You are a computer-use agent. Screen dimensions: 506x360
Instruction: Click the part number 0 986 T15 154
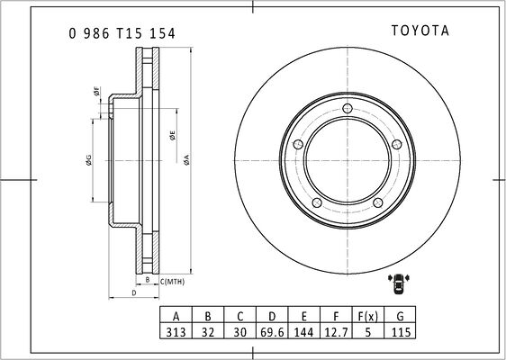point(122,33)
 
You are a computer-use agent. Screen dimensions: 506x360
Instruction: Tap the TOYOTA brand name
point(420,31)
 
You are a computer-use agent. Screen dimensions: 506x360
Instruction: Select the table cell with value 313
point(176,331)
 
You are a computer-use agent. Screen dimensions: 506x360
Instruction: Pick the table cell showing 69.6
point(272,331)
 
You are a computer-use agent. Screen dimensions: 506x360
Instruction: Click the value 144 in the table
point(303,331)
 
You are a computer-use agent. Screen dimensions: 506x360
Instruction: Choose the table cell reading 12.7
point(336,331)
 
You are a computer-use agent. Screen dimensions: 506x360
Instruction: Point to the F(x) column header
point(368,316)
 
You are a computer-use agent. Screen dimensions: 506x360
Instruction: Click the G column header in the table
point(400,316)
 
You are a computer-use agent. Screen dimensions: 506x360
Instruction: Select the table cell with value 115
point(400,331)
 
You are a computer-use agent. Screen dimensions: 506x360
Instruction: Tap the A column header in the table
point(176,316)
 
